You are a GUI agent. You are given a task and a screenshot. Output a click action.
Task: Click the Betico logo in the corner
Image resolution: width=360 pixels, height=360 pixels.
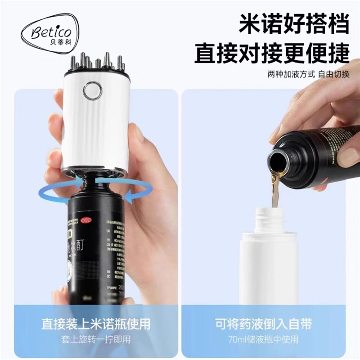(49, 34)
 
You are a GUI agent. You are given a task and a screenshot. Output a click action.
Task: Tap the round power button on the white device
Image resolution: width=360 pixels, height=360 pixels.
(92, 90)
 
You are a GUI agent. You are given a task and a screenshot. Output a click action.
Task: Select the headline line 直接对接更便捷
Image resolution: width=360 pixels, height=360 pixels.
(272, 53)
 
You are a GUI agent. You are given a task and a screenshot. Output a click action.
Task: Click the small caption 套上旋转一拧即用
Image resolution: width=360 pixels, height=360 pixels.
(96, 339)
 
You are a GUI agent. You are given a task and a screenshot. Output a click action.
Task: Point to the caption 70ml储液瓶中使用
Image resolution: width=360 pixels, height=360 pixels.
(269, 339)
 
